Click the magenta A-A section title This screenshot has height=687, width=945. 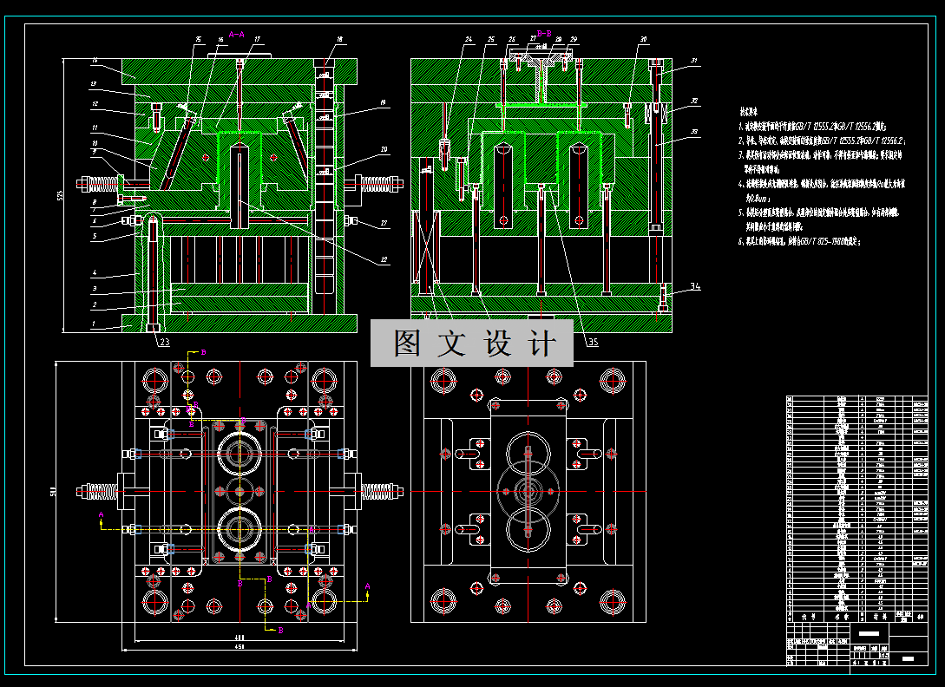click(236, 35)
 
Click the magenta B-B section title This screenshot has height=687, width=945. click(544, 33)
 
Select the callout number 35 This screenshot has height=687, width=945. click(593, 342)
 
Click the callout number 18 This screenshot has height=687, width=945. click(339, 40)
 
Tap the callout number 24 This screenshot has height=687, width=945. click(469, 40)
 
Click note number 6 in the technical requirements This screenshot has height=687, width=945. click(740, 242)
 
